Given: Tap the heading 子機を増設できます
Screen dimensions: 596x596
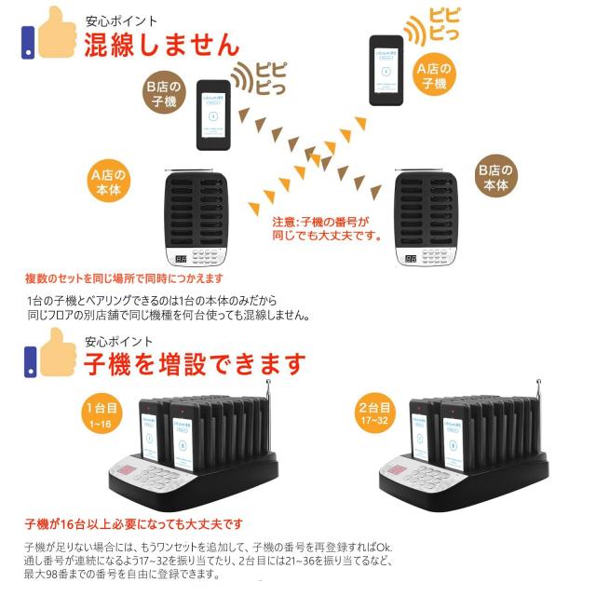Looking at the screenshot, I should [195, 360].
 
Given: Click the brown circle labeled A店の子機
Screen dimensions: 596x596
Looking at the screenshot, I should [433, 75].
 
